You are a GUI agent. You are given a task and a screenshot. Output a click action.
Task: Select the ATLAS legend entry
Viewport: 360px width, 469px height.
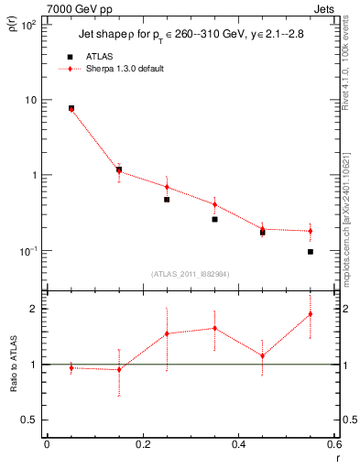point(91,57)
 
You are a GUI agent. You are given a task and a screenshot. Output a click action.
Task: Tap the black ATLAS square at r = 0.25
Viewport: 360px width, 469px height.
point(167,199)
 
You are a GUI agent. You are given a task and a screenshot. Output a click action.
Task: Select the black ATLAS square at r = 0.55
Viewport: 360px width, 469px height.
point(311,252)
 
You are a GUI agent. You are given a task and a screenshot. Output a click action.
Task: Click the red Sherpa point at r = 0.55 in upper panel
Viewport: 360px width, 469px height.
point(311,231)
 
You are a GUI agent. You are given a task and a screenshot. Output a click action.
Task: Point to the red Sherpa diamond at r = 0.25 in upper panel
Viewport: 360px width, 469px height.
point(167,187)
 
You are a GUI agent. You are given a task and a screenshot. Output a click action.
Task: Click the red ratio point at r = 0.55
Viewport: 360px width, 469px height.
point(311,314)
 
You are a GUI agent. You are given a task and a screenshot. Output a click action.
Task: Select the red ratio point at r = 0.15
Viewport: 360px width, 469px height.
point(119,369)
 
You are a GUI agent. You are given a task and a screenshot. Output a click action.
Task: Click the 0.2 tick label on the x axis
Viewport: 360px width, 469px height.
point(142,444)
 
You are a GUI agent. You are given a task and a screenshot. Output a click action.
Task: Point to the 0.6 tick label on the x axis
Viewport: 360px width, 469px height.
point(334,444)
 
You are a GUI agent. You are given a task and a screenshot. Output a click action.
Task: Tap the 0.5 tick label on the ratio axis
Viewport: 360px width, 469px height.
point(27,420)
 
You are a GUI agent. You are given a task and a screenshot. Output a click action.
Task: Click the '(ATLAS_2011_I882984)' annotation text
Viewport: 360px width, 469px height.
point(191,274)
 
